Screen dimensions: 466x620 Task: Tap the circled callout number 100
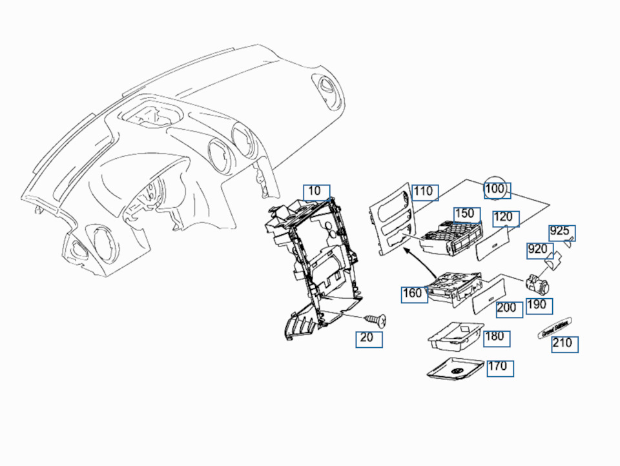497,190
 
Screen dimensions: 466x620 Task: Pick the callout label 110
425,192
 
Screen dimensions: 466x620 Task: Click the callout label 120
505,218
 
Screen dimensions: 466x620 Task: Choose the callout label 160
413,294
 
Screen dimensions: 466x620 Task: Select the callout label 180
495,337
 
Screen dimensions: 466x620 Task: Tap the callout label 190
539,305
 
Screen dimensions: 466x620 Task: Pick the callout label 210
564,343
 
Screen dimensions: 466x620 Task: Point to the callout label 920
539,249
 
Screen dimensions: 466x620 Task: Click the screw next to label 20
375,319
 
